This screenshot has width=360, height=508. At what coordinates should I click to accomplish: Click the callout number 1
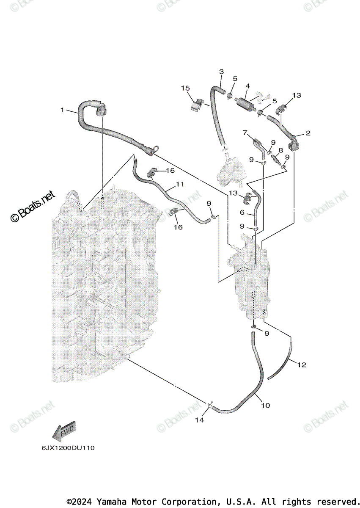tap(62, 110)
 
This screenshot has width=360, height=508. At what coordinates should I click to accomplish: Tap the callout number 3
tap(221, 72)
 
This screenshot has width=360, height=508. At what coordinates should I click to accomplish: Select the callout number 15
tap(185, 88)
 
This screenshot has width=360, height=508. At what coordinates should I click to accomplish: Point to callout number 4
tap(248, 86)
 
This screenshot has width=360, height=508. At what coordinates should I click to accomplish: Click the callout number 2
tap(308, 133)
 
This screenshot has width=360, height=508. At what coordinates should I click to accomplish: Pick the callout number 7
tap(245, 133)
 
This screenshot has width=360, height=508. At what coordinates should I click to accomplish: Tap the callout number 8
tap(280, 150)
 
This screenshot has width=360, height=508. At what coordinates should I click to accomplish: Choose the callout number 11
tap(181, 185)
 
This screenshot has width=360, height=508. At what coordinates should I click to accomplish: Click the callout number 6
tap(242, 212)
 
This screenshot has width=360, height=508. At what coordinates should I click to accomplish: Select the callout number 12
tap(302, 364)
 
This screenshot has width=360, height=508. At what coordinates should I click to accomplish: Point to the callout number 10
tap(265, 406)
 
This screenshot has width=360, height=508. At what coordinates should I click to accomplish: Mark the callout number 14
tap(199, 420)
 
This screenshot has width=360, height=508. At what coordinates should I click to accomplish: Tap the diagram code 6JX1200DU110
tap(68, 448)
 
